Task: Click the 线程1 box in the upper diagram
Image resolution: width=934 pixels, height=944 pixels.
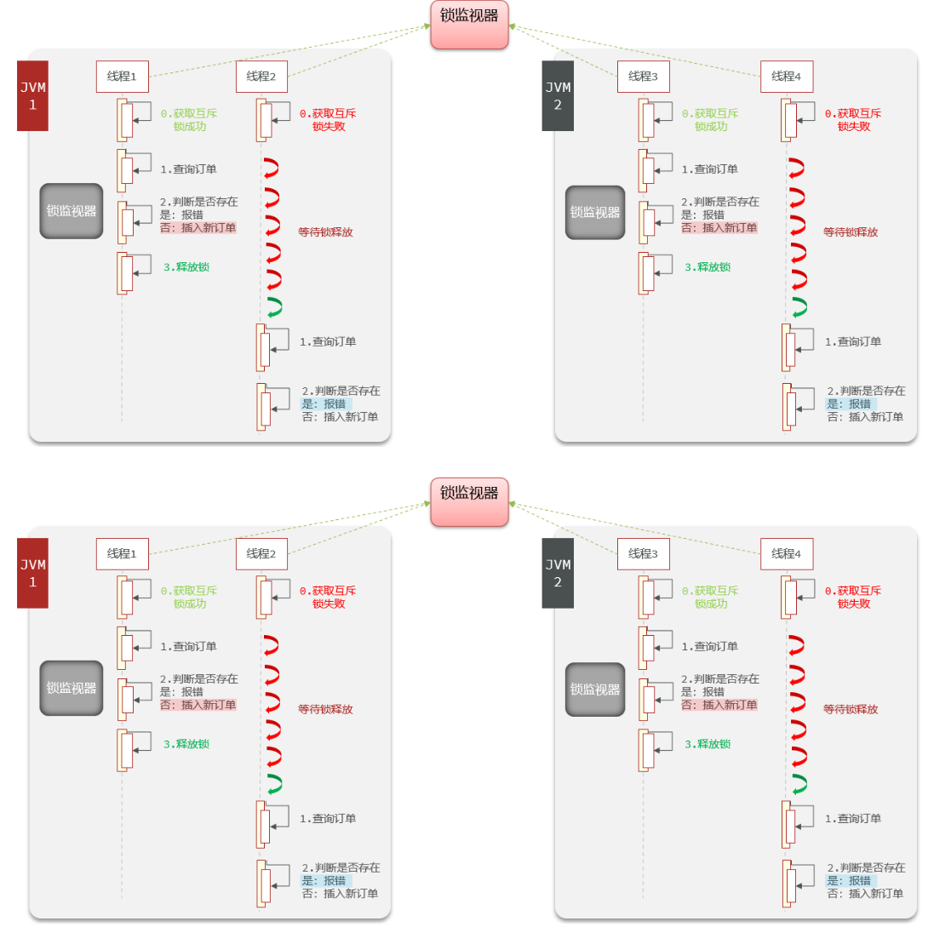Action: pos(122,77)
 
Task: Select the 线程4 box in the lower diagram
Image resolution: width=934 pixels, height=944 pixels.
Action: pos(786,553)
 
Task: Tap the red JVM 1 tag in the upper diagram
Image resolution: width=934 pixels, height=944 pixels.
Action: pos(32,95)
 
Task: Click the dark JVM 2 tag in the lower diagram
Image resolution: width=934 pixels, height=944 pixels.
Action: pos(558,573)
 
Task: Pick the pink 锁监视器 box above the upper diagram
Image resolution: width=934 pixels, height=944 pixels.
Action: pos(469,24)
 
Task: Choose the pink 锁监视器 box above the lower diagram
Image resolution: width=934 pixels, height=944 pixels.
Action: pos(469,501)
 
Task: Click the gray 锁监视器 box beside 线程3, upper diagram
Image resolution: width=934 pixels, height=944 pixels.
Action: pos(595,212)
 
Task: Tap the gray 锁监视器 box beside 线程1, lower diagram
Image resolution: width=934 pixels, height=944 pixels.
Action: pos(72,688)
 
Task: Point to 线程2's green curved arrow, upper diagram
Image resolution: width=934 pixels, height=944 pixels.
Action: pos(273,307)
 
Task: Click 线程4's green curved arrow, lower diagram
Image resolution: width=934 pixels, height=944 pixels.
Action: pos(799,784)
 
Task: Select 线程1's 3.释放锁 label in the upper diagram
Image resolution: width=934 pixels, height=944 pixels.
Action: pos(186,267)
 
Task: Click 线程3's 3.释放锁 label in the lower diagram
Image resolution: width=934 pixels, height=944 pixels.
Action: pos(708,744)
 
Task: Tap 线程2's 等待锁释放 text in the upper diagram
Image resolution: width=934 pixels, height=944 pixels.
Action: pos(325,232)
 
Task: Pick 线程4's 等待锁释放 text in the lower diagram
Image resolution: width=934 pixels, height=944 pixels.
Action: pos(850,709)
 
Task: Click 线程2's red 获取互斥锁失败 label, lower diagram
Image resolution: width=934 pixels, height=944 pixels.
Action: pos(328,597)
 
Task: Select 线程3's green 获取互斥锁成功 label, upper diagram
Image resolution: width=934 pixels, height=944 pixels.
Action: pos(710,120)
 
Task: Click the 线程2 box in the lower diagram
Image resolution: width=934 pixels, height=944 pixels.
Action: pos(261,553)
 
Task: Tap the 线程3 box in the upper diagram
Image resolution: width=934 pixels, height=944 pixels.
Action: pos(643,77)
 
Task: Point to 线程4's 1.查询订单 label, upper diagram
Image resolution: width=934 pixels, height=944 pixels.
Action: pos(853,341)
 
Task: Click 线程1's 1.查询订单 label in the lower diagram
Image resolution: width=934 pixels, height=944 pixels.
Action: pos(188,646)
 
